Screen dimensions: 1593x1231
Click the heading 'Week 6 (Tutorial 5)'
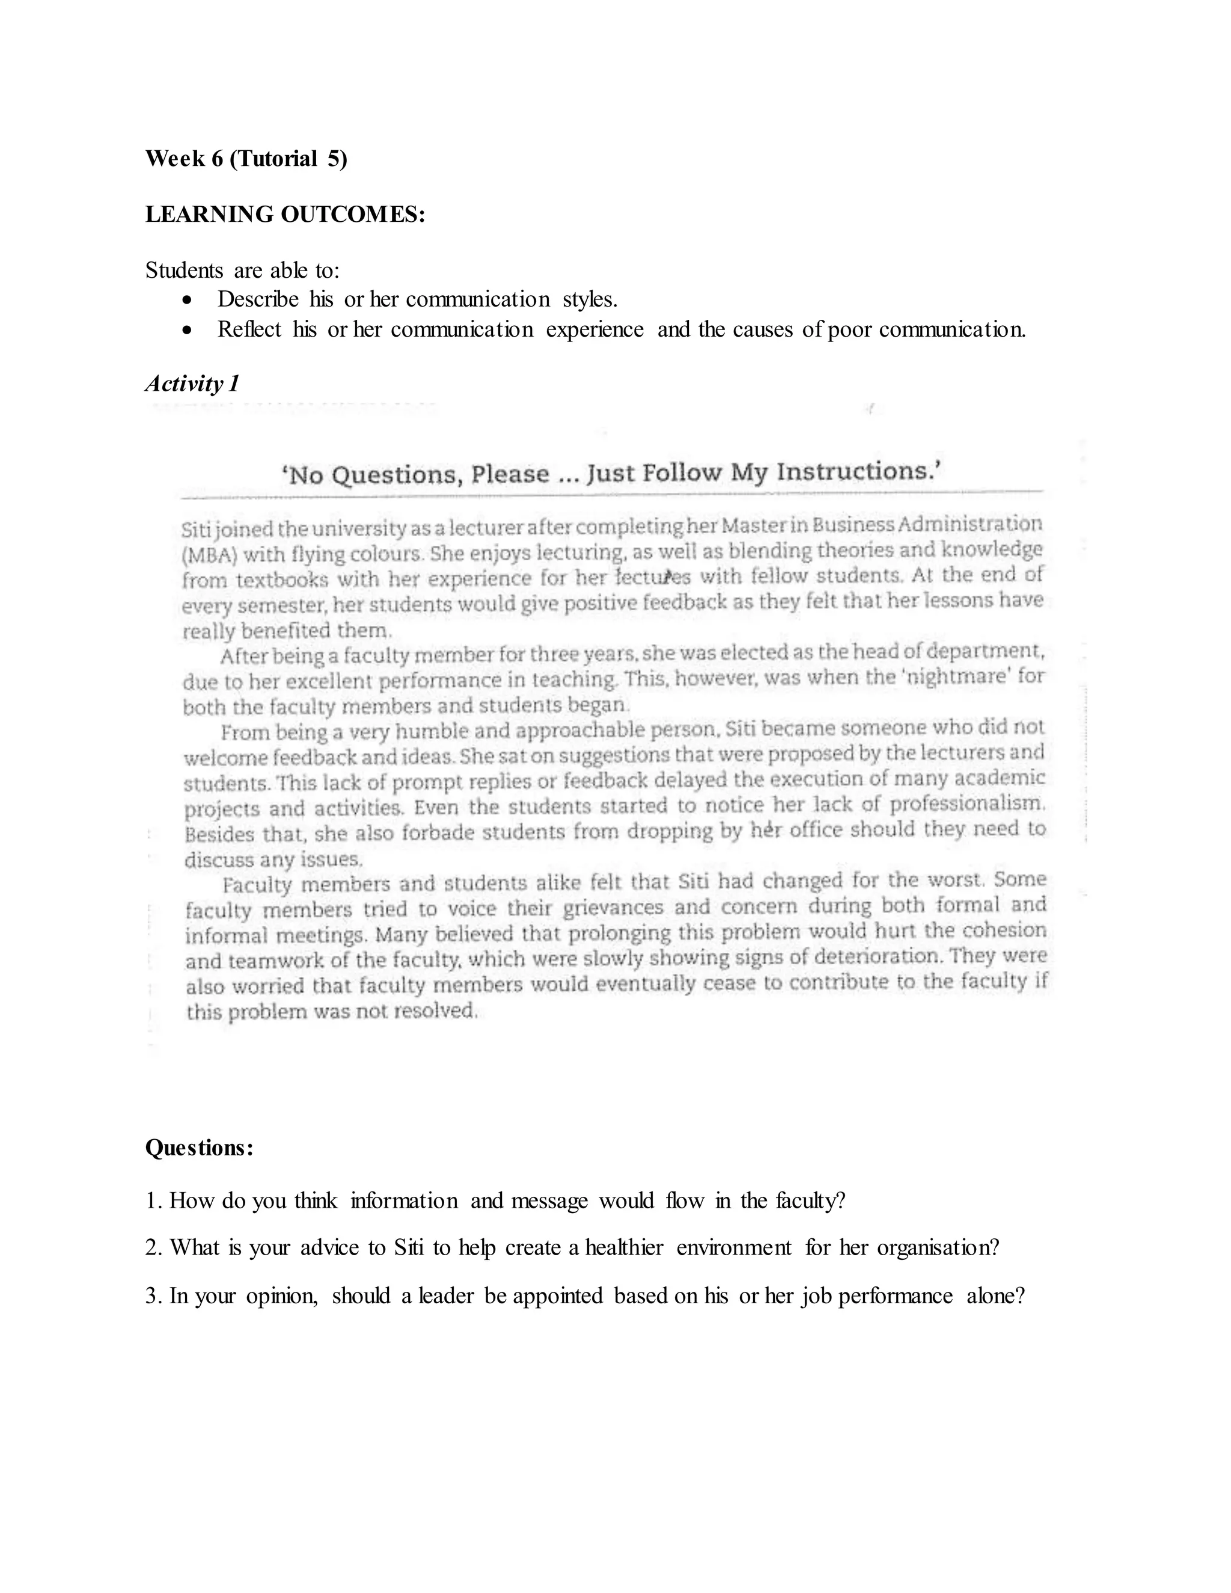(x=246, y=158)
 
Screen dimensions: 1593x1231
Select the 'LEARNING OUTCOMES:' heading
(x=285, y=215)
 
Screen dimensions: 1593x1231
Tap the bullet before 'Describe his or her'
(x=188, y=300)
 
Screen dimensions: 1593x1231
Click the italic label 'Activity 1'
(x=192, y=384)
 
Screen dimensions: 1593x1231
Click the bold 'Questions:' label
(x=199, y=1148)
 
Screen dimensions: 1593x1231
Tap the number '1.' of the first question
(x=154, y=1201)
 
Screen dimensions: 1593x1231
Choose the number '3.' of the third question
(x=154, y=1296)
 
